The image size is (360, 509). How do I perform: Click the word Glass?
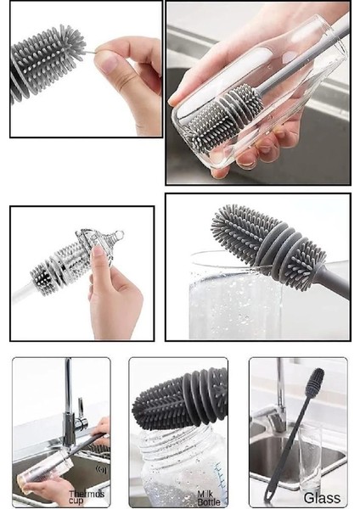(322, 497)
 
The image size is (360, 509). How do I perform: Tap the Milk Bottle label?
(208, 498)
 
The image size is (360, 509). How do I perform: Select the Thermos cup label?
(86, 497)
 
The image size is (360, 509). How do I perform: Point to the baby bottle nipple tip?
(120, 234)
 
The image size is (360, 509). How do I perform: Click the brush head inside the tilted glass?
(224, 118)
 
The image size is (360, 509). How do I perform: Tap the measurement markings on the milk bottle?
(222, 478)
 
